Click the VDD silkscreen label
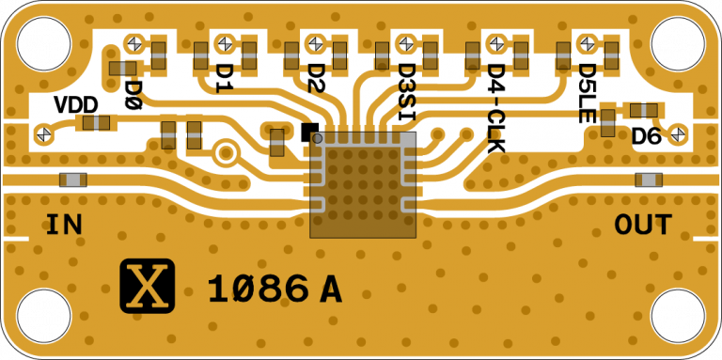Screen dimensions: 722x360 pos(76,105)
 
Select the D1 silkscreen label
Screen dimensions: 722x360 pos(225,78)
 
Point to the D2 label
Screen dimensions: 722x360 pos(316,78)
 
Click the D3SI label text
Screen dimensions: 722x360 pos(406,92)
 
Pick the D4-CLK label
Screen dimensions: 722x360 pos(496,108)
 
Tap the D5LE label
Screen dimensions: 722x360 pos(587,93)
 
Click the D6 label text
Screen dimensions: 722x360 pos(646,136)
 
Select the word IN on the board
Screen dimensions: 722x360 pos(65,225)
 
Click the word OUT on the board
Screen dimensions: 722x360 pos(643,225)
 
